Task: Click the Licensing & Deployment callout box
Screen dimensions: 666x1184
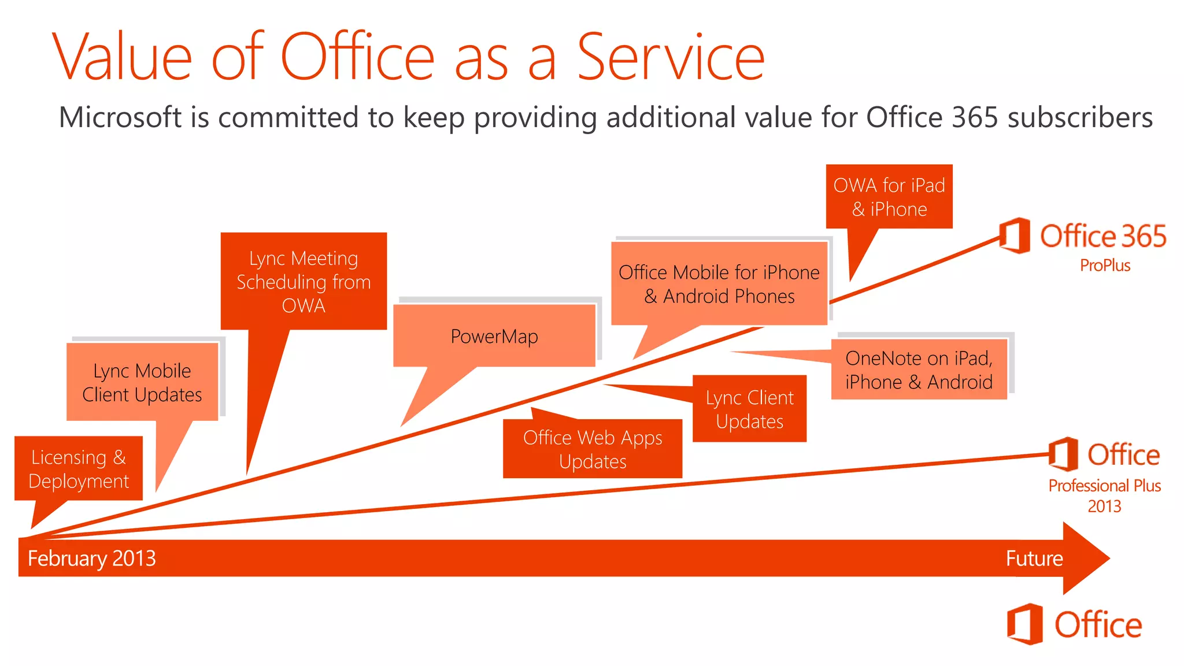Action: pyautogui.click(x=79, y=468)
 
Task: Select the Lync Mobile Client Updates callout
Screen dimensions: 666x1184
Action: pyautogui.click(x=142, y=382)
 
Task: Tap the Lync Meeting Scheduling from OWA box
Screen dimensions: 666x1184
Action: pyautogui.click(x=304, y=282)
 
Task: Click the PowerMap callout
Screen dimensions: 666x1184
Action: pyautogui.click(x=494, y=336)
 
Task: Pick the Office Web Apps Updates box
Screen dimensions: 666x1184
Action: pyautogui.click(x=593, y=449)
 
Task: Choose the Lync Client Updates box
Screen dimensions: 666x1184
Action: pyautogui.click(x=750, y=409)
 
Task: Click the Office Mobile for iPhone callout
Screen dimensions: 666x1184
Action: pyautogui.click(x=719, y=284)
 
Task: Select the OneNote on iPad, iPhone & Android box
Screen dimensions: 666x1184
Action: pyautogui.click(x=919, y=369)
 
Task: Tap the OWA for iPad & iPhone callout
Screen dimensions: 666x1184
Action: pyautogui.click(x=889, y=197)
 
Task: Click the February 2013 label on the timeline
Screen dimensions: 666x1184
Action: pyautogui.click(x=92, y=558)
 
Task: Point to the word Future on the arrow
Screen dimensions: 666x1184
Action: pyautogui.click(x=1034, y=558)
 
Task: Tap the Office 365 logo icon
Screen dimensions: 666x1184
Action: pyautogui.click(x=1015, y=235)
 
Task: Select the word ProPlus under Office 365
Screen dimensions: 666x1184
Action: pyautogui.click(x=1105, y=265)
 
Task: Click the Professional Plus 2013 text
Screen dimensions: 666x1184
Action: pyautogui.click(x=1104, y=495)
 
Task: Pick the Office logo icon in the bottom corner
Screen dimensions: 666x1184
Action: pyautogui.click(x=1024, y=624)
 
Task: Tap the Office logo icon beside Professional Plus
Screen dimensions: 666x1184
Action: pyautogui.click(x=1063, y=454)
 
